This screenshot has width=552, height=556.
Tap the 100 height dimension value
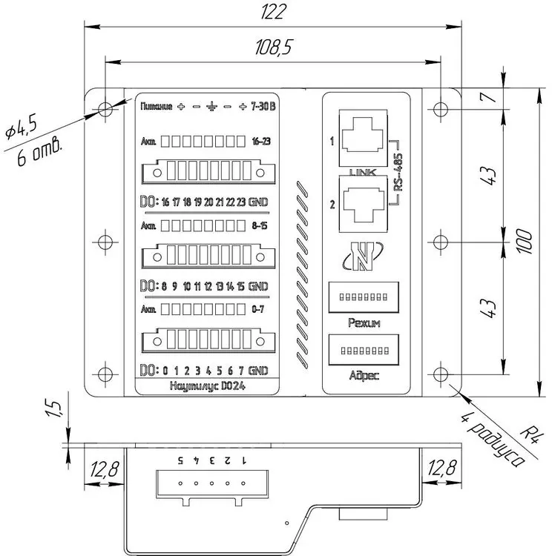pos(525,240)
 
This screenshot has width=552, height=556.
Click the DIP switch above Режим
pos(363,296)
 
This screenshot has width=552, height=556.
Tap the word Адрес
pos(364,375)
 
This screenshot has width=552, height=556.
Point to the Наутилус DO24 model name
pos(203,385)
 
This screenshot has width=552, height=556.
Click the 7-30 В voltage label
pos(264,106)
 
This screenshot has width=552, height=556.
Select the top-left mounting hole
pos(105,109)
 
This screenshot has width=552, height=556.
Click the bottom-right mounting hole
pos(441,374)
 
